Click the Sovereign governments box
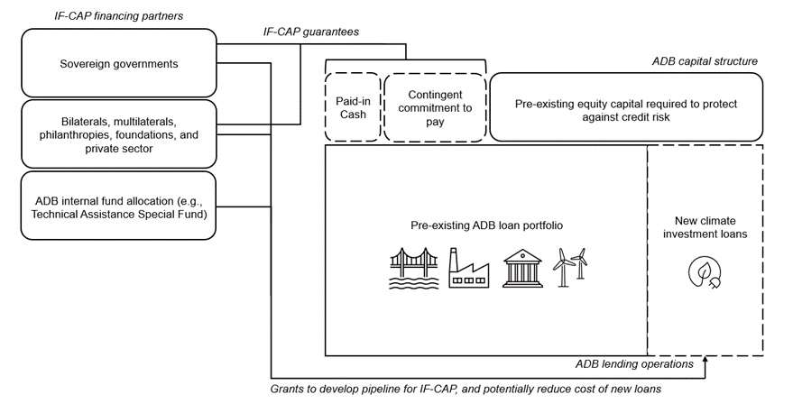point(118,64)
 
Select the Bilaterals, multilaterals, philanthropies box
point(118,134)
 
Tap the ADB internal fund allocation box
point(118,206)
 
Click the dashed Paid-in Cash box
point(352,106)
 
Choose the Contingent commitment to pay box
point(434,106)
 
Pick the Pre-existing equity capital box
point(626,106)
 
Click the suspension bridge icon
point(412,268)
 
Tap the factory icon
point(469,269)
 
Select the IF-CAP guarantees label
point(311,32)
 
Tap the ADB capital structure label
point(704,61)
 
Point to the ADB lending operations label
point(634,364)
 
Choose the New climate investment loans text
point(705,228)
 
